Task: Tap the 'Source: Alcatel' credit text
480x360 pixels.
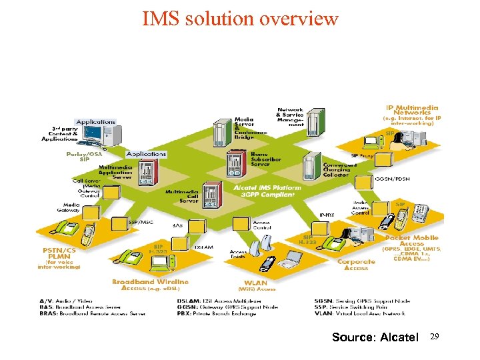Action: (x=375, y=337)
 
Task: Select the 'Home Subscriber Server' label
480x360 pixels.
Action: (x=265, y=158)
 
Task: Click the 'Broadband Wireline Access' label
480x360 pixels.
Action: (x=151, y=285)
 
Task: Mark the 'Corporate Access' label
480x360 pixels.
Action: (x=356, y=265)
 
